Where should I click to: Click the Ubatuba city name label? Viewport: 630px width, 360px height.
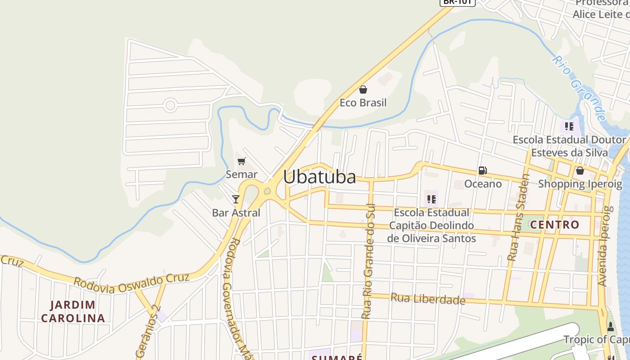coord(319,177)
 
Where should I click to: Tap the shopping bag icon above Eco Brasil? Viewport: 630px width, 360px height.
coord(363,90)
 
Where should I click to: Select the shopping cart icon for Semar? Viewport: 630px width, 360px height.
coord(242,161)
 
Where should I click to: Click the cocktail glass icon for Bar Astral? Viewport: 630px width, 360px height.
coord(236,199)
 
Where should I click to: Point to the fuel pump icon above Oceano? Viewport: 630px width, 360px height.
coord(483,171)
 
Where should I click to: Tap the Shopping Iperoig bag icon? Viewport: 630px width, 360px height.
coord(580,171)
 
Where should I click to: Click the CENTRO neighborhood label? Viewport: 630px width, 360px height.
coord(554,225)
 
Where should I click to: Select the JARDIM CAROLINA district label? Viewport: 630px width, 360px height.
coord(73,311)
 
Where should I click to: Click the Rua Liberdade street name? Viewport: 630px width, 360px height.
coord(427,299)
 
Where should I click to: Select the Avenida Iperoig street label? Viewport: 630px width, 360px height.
coord(603,246)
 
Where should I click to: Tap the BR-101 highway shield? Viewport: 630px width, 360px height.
coord(457,2)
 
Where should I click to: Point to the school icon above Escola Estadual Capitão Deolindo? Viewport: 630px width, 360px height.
coord(432,199)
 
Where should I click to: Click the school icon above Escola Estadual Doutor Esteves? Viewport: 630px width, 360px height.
coord(569,126)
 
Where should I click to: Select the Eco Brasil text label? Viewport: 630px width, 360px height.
coord(363,103)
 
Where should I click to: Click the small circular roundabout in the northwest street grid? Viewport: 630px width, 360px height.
coord(170,105)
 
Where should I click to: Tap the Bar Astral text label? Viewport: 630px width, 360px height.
coord(236,212)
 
